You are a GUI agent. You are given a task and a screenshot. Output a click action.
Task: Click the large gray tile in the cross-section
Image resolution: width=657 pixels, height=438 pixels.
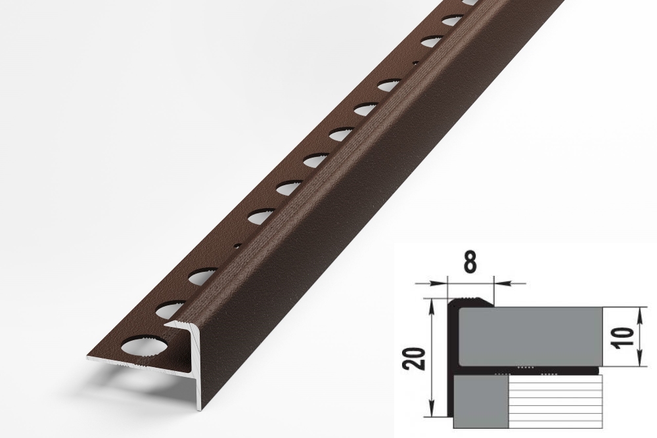coord(530,337)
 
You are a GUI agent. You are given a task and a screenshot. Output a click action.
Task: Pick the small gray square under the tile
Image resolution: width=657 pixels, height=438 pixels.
coord(481,402)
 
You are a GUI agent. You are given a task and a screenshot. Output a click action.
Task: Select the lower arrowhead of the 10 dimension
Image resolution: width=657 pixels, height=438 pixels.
coord(639,359)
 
